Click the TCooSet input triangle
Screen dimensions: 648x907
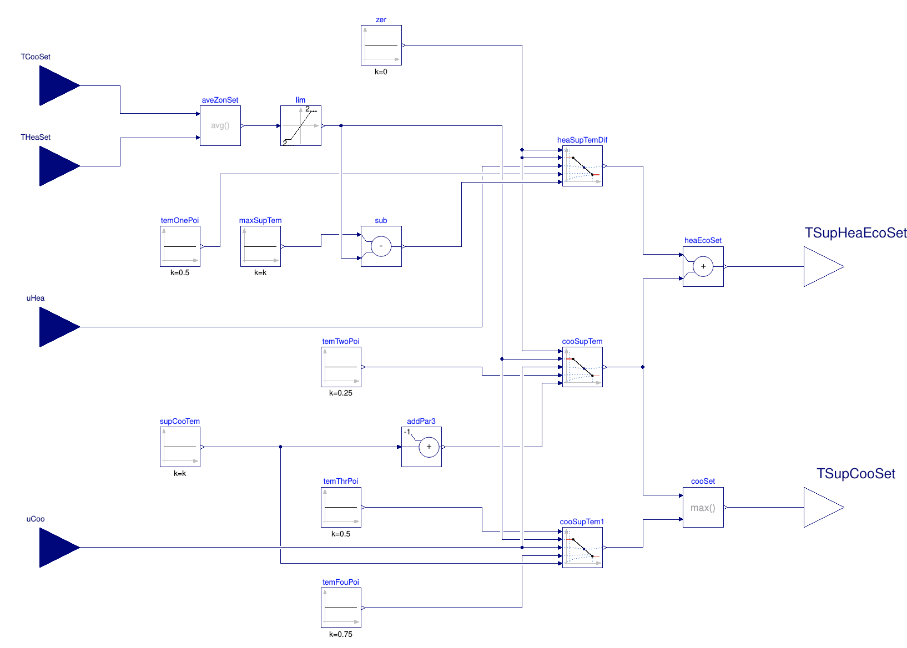click(x=59, y=85)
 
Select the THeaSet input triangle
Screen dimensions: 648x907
click(x=59, y=166)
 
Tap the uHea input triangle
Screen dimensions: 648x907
click(x=59, y=327)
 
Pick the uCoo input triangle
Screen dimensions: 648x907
click(x=59, y=548)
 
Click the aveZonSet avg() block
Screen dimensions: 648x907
click(x=220, y=125)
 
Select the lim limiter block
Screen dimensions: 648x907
click(x=301, y=125)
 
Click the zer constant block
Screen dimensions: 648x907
click(x=381, y=45)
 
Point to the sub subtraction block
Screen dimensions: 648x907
click(x=381, y=246)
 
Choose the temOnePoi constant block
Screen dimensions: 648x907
click(x=180, y=246)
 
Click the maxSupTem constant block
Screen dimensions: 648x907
click(x=260, y=246)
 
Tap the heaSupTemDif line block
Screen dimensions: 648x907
click(x=582, y=166)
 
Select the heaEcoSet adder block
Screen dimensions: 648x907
click(x=703, y=266)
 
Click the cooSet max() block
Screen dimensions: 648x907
click(x=703, y=507)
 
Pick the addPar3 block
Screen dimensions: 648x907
click(x=421, y=447)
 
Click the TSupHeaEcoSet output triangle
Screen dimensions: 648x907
click(x=823, y=266)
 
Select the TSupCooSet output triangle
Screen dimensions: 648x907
click(x=823, y=507)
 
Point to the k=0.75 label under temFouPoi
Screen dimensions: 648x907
click(x=341, y=634)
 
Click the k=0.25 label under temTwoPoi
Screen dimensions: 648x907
click(x=341, y=393)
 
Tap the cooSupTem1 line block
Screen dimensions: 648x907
click(x=582, y=548)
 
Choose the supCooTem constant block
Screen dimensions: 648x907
click(x=180, y=447)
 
